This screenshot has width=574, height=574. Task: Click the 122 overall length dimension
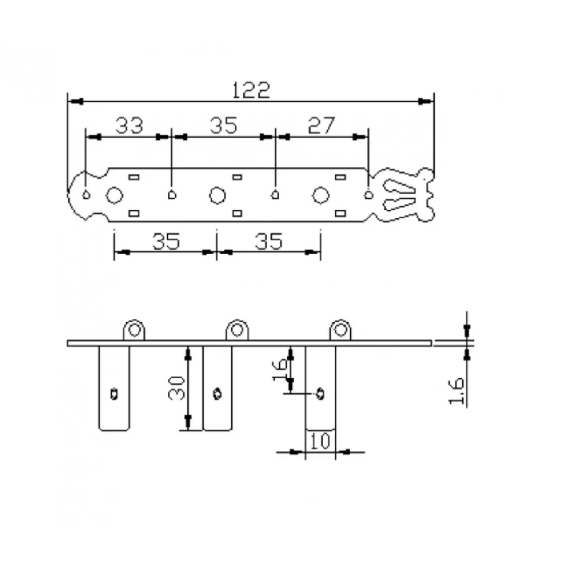click(251, 90)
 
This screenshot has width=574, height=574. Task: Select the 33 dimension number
click(129, 125)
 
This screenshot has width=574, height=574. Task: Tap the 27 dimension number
click(321, 125)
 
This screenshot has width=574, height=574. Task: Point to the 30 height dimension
click(177, 387)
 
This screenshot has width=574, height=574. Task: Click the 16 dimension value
click(280, 370)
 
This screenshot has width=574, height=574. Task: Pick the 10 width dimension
click(320, 441)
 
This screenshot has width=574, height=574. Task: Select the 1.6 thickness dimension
click(456, 391)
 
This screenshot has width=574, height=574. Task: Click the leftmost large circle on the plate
click(114, 195)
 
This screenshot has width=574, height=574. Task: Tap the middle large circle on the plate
click(217, 195)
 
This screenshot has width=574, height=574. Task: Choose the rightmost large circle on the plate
click(321, 195)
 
